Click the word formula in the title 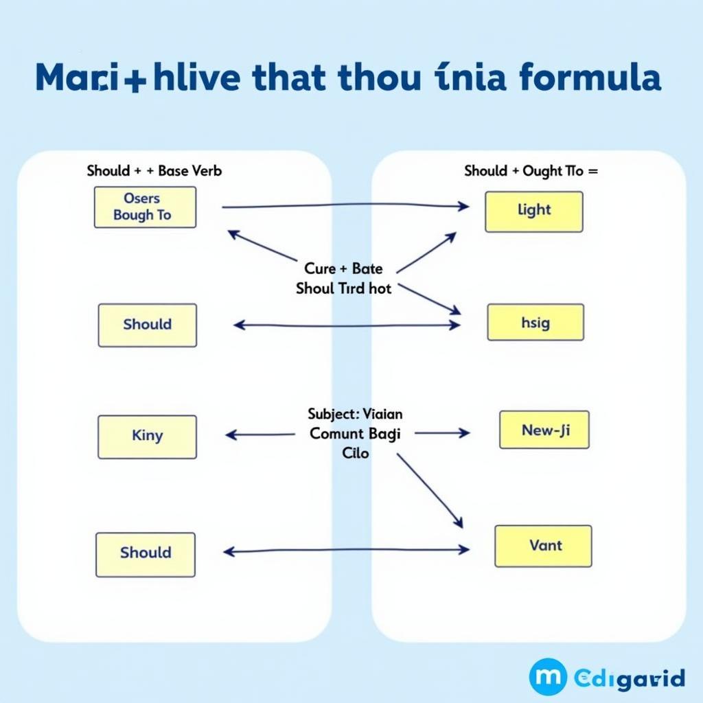click(x=590, y=78)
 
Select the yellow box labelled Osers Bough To click(x=145, y=207)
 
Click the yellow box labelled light click(x=534, y=211)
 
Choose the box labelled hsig click(x=535, y=323)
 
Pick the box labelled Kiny click(x=147, y=436)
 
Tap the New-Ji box click(x=544, y=430)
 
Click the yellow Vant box click(x=543, y=546)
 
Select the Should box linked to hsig click(x=148, y=325)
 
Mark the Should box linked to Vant click(x=146, y=553)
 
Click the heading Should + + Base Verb click(x=154, y=171)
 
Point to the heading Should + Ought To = click(x=531, y=171)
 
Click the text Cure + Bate click(x=343, y=268)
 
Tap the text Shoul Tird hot click(x=344, y=288)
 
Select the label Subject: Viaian click(x=356, y=414)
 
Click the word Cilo click(x=355, y=453)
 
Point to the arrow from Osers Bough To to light click(x=343, y=206)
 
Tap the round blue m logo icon click(x=547, y=677)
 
